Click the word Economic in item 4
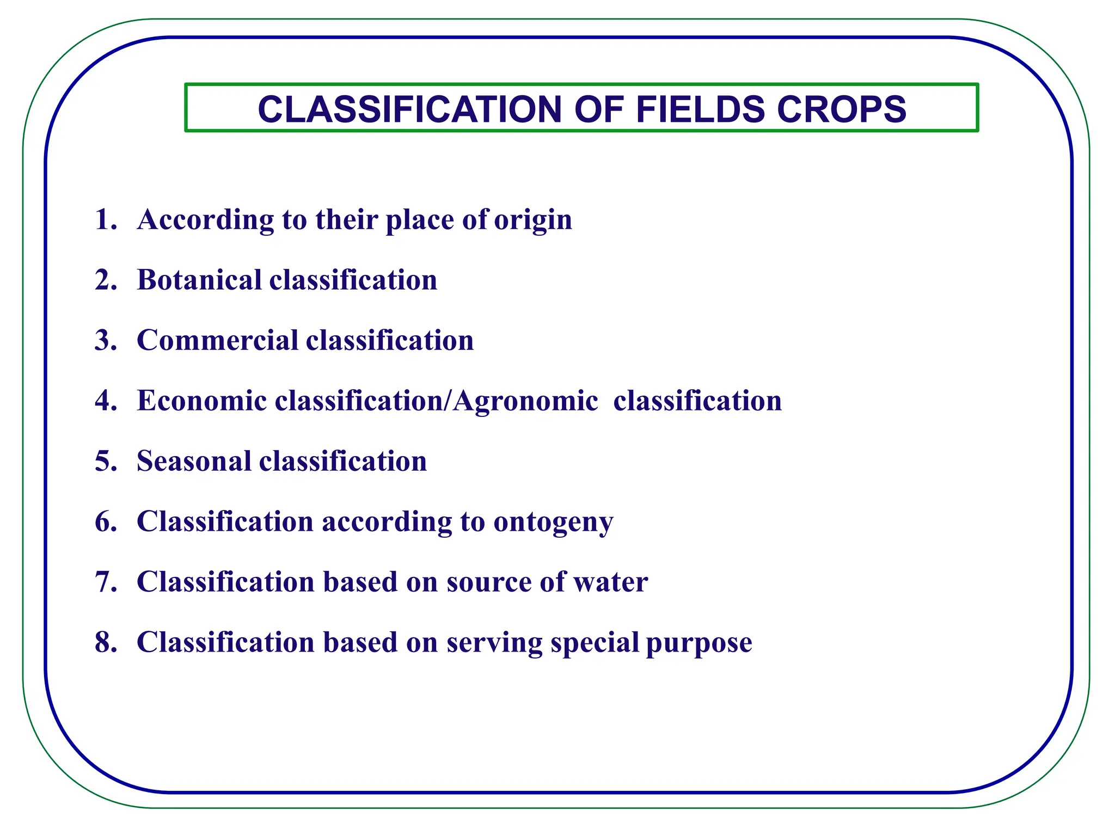point(201,401)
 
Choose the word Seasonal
point(193,461)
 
